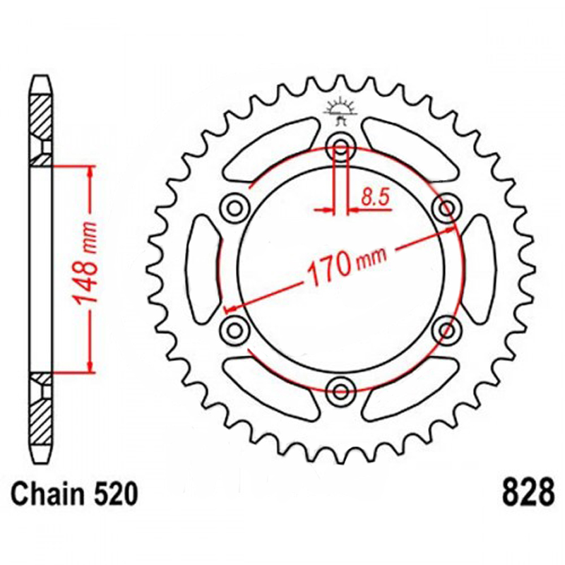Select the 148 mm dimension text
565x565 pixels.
pyautogui.click(x=85, y=263)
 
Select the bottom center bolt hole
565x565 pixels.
pyautogui.click(x=340, y=391)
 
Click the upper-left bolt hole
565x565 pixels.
pyautogui.click(x=234, y=208)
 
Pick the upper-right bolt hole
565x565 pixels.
pyautogui.click(x=447, y=208)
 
